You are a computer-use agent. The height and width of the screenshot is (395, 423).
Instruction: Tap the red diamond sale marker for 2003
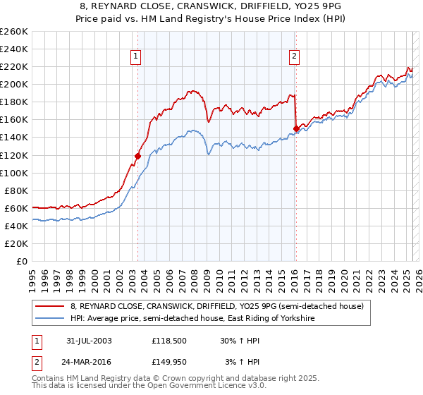(138, 156)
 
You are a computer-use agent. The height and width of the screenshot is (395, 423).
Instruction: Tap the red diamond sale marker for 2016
(295, 128)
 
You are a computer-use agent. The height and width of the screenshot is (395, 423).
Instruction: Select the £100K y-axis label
(14, 173)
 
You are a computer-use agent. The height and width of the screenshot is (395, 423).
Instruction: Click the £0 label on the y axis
(23, 261)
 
